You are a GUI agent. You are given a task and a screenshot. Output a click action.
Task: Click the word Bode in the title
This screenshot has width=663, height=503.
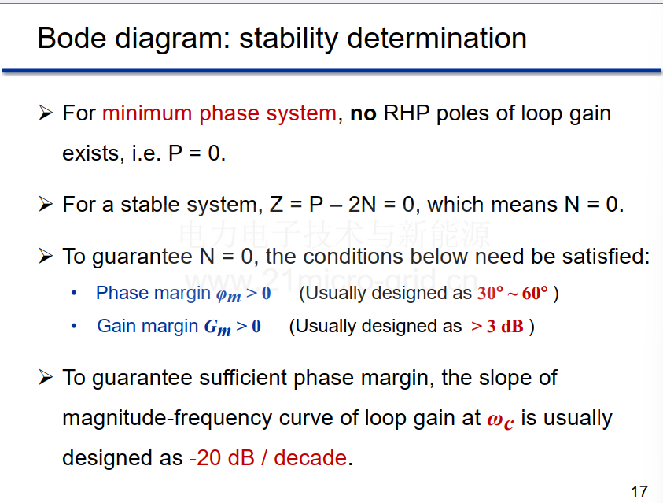point(72,38)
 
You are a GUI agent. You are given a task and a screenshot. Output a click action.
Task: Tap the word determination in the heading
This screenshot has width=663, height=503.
point(436,38)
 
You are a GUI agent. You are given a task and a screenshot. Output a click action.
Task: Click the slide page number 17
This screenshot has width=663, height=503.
point(639,491)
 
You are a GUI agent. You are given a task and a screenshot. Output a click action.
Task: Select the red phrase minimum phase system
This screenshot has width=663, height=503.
point(219,113)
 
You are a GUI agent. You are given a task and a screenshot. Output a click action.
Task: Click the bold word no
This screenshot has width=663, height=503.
point(363,114)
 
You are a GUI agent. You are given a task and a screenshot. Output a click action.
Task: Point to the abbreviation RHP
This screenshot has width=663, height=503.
point(407,113)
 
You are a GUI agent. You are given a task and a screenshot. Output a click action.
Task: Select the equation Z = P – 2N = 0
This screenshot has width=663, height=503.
point(341,205)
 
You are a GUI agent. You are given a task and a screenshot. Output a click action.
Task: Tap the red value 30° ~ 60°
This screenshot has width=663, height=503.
point(513,293)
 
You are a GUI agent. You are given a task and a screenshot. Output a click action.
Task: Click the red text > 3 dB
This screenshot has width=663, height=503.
point(497,326)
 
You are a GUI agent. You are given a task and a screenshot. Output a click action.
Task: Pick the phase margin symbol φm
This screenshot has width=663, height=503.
point(228,294)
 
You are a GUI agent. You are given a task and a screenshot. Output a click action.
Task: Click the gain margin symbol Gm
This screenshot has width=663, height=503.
point(218,327)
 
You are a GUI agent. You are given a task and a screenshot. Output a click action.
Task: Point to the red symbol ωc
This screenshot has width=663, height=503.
point(500,420)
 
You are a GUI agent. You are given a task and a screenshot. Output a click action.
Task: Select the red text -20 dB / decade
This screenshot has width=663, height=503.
point(268,457)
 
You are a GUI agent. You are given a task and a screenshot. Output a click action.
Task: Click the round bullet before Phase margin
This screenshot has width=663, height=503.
point(74,293)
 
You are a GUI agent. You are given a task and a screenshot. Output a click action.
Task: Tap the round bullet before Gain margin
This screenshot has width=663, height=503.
point(74,326)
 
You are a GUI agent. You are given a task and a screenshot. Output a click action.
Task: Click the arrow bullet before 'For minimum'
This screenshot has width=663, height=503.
point(46,113)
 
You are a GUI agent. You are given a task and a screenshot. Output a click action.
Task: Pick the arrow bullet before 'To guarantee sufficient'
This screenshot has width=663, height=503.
point(46,377)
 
